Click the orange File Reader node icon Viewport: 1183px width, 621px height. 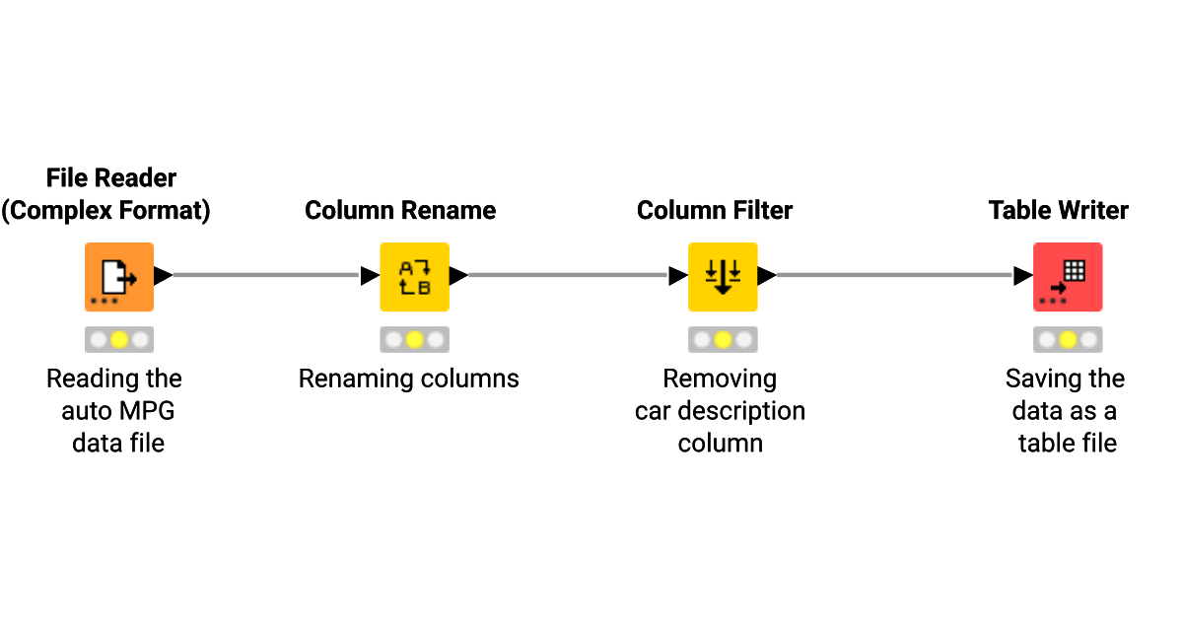click(x=118, y=277)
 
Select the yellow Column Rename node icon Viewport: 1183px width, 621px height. click(x=414, y=277)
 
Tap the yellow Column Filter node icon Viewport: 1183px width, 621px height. click(x=722, y=277)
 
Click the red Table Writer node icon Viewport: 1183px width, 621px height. click(x=1067, y=277)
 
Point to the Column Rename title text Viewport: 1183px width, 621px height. click(x=400, y=211)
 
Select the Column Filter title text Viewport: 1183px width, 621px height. click(x=715, y=211)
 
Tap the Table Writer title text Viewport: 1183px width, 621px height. click(x=1059, y=211)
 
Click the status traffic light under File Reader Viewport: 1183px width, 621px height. click(x=118, y=340)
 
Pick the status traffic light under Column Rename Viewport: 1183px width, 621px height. click(x=414, y=340)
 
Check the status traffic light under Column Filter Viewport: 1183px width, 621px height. click(x=722, y=340)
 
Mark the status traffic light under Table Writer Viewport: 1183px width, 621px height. click(x=1067, y=340)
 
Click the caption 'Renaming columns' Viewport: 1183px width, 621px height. click(x=409, y=379)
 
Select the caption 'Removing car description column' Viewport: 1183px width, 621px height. click(x=720, y=411)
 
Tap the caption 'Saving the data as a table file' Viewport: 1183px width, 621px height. click(x=1066, y=411)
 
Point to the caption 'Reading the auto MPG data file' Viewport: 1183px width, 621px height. click(x=115, y=411)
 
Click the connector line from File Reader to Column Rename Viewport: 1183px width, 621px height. click(x=266, y=276)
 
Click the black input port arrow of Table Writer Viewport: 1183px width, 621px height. click(x=1023, y=276)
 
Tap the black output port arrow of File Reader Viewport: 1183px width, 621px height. click(x=163, y=276)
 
